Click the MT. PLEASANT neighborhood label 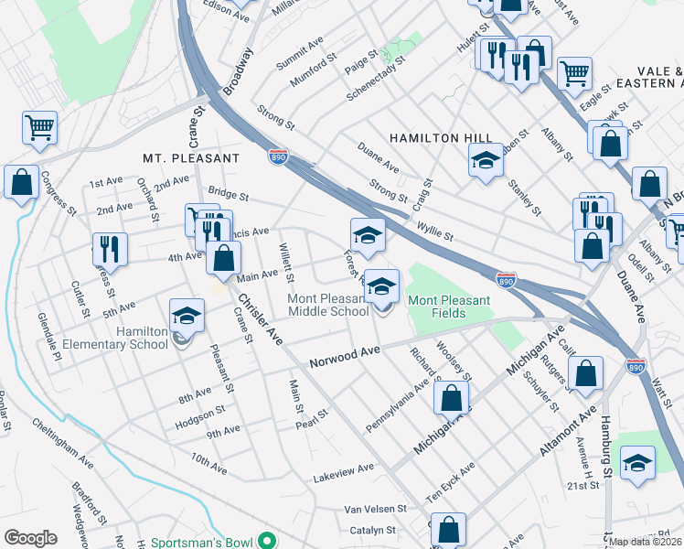190,158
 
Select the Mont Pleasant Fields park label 449,307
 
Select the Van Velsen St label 375,509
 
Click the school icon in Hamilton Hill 486,160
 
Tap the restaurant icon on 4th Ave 109,248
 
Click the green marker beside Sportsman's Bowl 265,543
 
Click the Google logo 30,538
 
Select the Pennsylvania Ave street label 397,404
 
